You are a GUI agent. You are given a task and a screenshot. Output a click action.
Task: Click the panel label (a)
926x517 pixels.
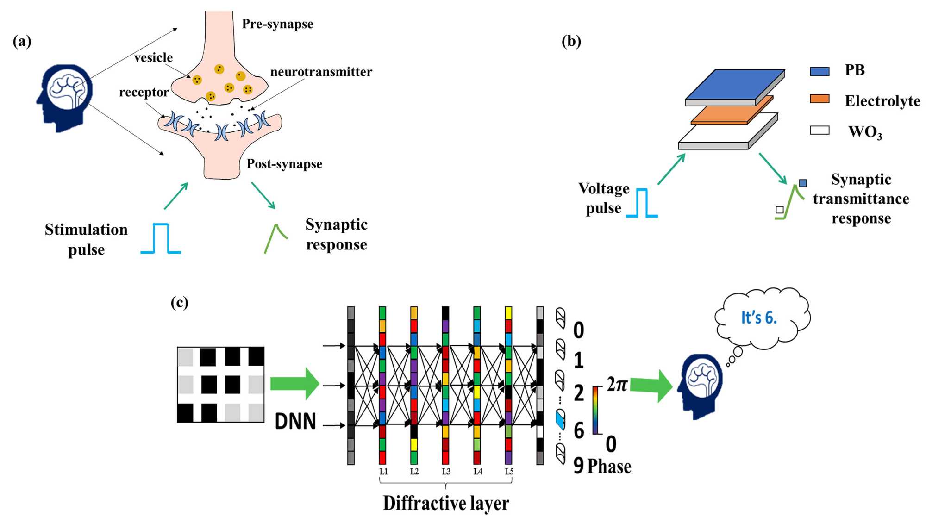coord(22,42)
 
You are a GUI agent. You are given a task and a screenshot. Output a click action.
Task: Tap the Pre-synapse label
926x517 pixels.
coord(277,24)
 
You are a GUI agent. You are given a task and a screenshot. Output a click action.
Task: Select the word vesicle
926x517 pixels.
coord(153,57)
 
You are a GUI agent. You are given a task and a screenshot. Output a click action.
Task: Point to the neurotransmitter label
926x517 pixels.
coord(321,72)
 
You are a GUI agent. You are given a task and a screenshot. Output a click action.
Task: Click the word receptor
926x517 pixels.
coord(144,92)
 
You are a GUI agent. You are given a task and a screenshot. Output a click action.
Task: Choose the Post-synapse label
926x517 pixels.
coord(284,164)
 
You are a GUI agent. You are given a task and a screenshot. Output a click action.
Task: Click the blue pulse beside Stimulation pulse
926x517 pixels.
coord(161,239)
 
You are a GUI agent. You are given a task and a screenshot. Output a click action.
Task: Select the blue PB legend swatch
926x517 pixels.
coord(819,71)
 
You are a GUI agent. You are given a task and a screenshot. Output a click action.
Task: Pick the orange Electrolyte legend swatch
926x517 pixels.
coord(819,99)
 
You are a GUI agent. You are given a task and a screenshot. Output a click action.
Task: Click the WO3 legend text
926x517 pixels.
coord(865,132)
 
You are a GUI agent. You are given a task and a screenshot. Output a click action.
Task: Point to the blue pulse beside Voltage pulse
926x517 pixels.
coord(642,203)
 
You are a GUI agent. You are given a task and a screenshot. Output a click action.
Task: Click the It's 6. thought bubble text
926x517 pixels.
coord(759,318)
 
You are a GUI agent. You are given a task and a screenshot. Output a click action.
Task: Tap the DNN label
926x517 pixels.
coord(295,421)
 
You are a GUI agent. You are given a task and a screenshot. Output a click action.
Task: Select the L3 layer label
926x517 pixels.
coord(446,471)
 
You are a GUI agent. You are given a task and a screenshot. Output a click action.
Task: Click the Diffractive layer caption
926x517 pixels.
coord(446,503)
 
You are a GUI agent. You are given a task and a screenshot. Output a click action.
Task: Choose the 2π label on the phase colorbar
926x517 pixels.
coord(617,385)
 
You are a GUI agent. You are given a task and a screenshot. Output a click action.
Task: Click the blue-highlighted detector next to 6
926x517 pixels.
coord(561,419)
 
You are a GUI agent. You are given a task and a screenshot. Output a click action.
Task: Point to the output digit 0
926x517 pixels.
coord(579,330)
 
